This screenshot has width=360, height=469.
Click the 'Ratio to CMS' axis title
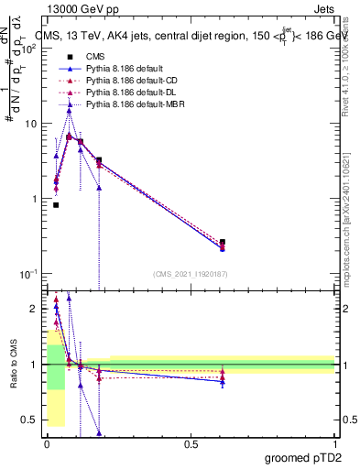[12, 365]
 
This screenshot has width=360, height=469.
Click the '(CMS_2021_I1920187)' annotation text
[191, 274]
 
